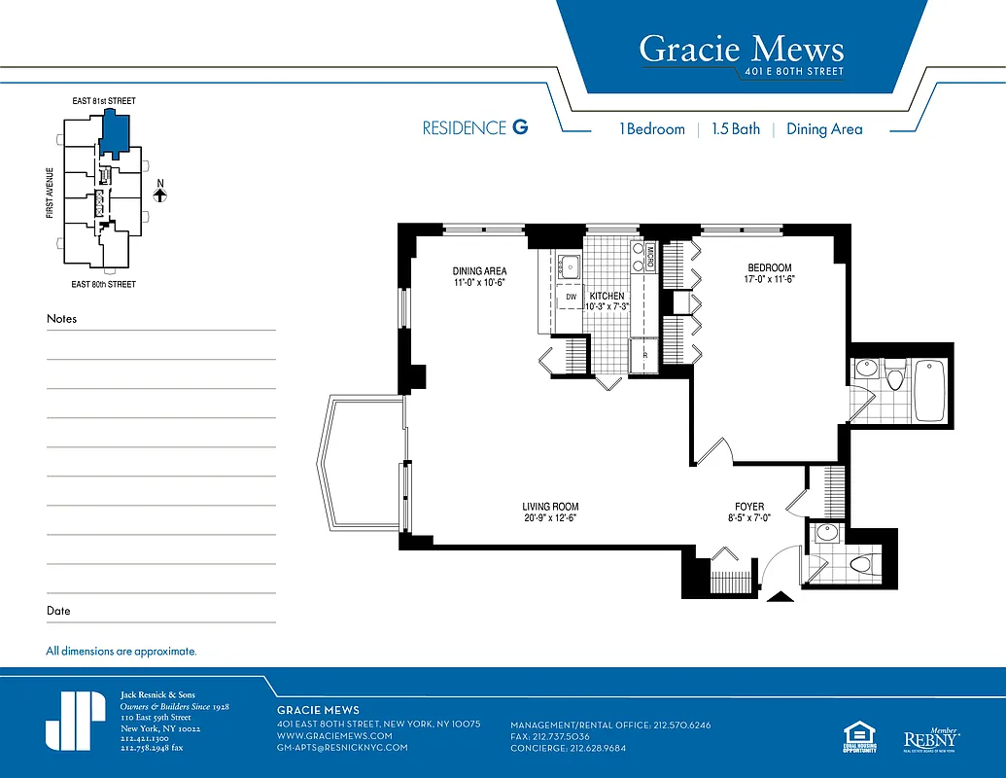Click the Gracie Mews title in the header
[x=741, y=48]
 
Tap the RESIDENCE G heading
[x=475, y=128]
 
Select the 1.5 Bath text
[x=735, y=128]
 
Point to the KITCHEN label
[x=607, y=296]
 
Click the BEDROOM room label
[x=769, y=268]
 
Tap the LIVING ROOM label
[x=550, y=507]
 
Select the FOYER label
[x=748, y=507]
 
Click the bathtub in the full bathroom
[x=929, y=390]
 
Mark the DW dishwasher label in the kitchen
[x=572, y=296]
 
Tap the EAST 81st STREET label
[x=103, y=101]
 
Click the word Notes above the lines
[x=61, y=319]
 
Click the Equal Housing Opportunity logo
[x=854, y=738]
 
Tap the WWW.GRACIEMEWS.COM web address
[x=334, y=736]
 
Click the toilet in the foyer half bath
[x=859, y=564]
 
